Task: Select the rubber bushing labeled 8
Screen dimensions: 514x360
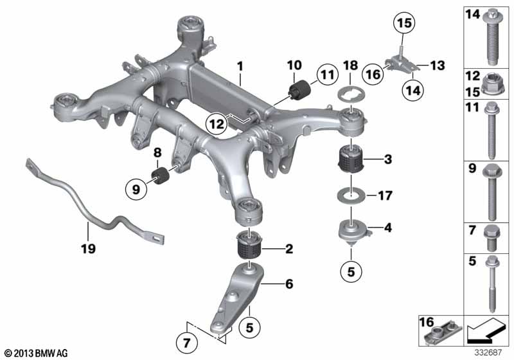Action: (x=160, y=175)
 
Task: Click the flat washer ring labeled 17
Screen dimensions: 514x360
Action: (x=351, y=196)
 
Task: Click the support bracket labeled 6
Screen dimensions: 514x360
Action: (x=235, y=298)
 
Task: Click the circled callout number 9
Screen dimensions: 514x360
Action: (x=136, y=189)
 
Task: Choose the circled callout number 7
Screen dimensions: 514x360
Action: (x=186, y=343)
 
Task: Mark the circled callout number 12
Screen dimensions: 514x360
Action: (x=217, y=124)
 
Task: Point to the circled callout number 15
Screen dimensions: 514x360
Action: (x=404, y=23)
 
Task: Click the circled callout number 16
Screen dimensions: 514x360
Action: (x=373, y=75)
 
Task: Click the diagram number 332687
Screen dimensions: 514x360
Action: (x=488, y=353)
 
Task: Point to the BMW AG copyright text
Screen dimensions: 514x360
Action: (x=37, y=353)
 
